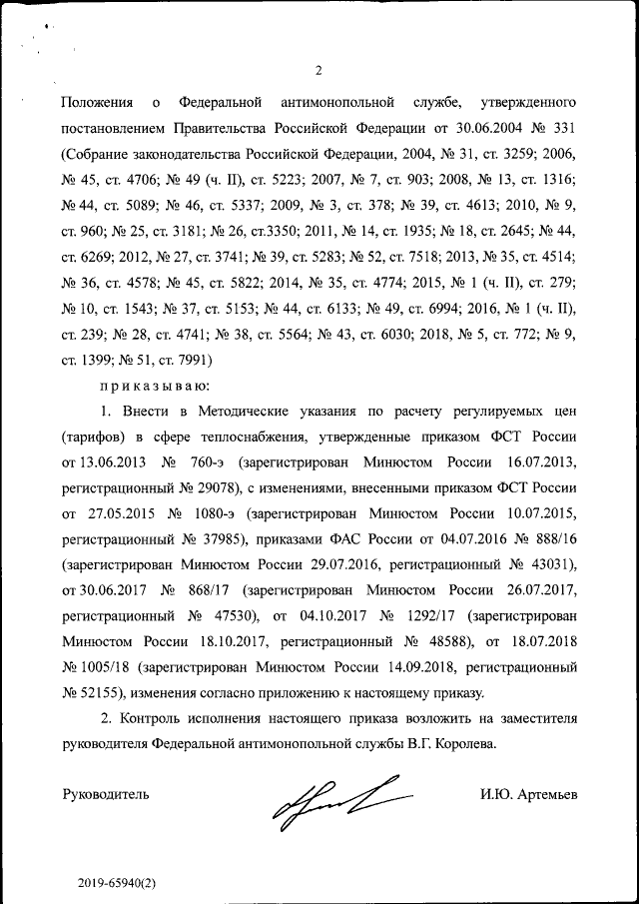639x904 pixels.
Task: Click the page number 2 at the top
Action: tap(319, 70)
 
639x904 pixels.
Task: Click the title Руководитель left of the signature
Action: tap(106, 795)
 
